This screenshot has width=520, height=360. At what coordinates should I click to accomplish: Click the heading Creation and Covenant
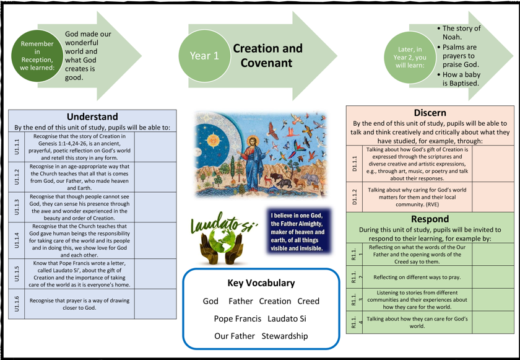[267, 56]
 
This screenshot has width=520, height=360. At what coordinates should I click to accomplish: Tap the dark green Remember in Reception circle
[37, 55]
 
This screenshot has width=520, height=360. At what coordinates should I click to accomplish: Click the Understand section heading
[92, 116]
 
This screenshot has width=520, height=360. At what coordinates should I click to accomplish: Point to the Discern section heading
[430, 112]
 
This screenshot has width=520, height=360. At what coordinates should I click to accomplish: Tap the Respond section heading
[430, 219]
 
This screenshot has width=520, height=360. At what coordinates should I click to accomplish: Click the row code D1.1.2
[355, 196]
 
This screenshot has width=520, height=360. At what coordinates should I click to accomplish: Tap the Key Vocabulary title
[261, 283]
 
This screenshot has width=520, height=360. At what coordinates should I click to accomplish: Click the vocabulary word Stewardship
[284, 336]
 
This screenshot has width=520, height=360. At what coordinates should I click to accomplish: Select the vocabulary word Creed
[308, 301]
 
